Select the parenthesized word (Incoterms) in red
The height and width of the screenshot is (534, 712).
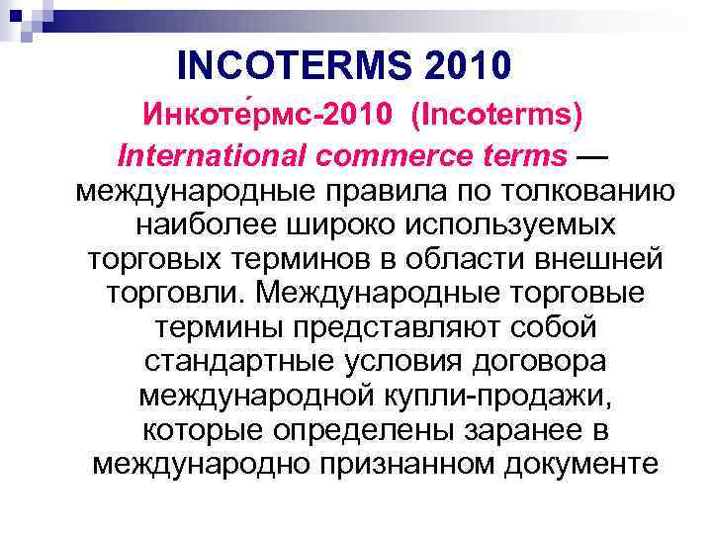coord(499,117)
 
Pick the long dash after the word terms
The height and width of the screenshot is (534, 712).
coord(592,155)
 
